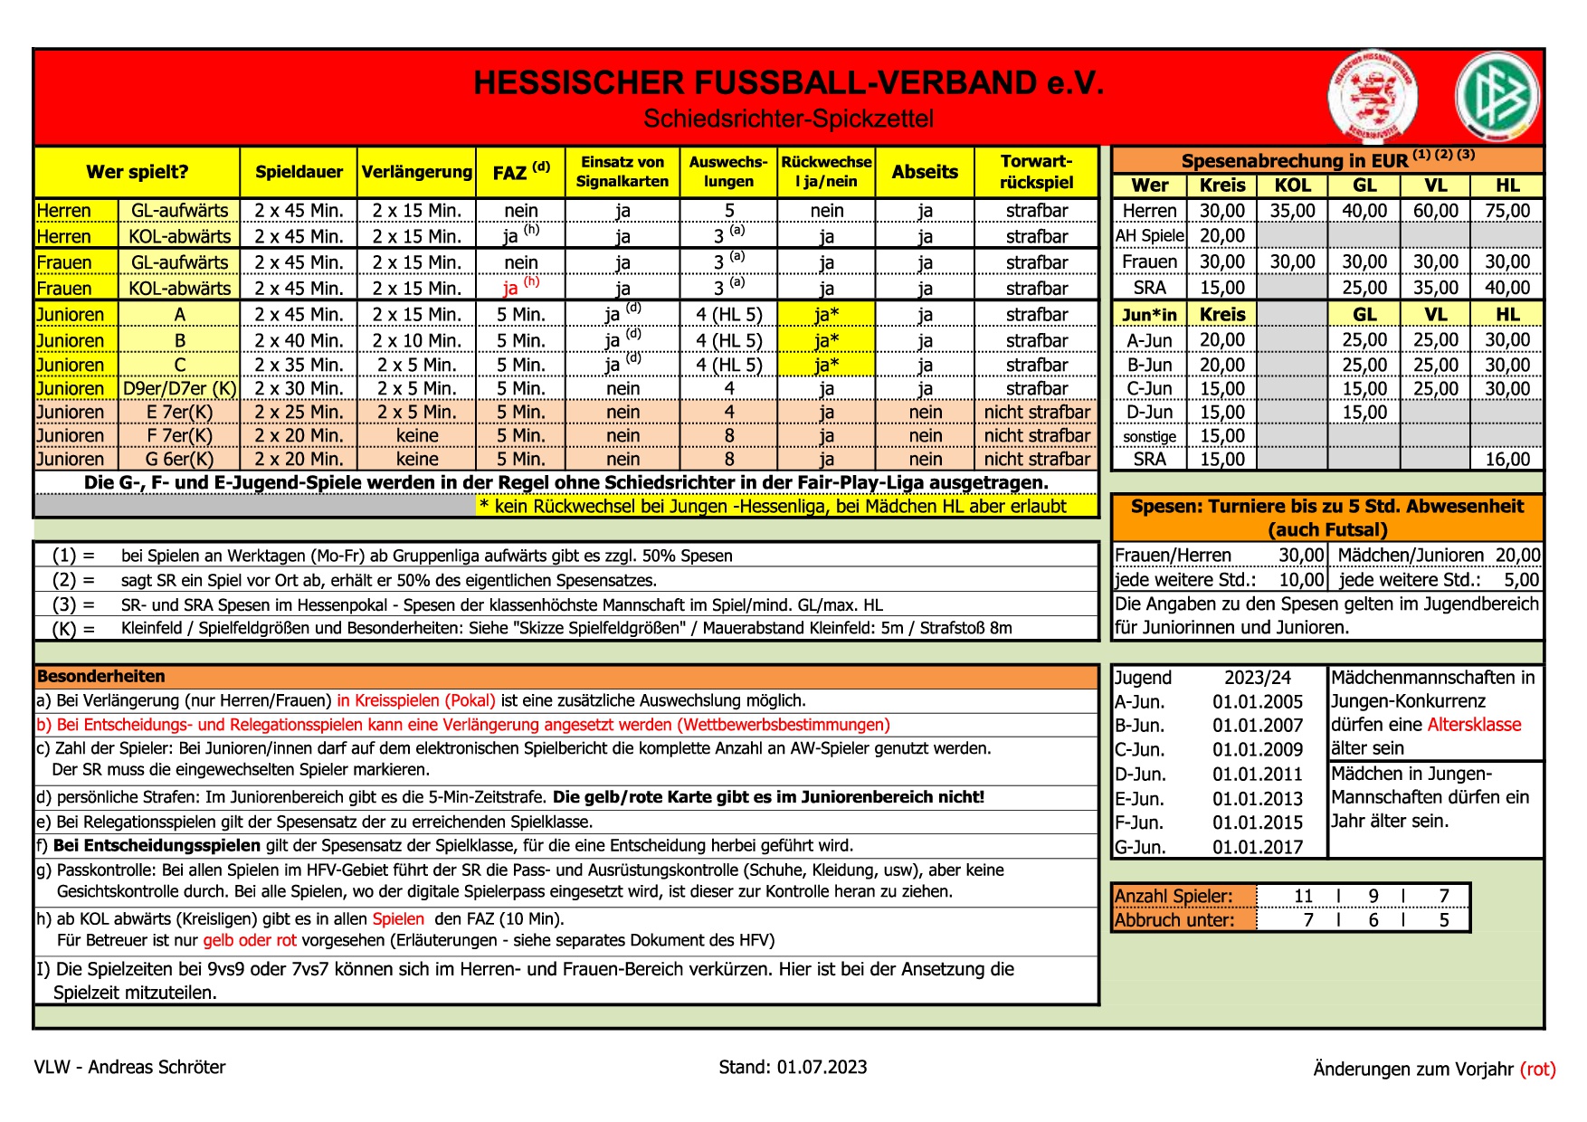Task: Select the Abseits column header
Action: [924, 172]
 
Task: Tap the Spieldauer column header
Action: [299, 172]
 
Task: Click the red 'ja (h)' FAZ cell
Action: [520, 288]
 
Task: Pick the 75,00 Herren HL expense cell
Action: [1506, 211]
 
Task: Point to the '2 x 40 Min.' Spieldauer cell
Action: [299, 341]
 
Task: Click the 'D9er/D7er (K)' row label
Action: [179, 389]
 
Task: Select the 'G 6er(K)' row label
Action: [179, 459]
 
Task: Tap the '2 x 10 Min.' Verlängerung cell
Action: [416, 341]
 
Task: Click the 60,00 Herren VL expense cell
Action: [1435, 211]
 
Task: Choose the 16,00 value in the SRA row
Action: [1506, 459]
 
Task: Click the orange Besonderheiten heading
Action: [101, 676]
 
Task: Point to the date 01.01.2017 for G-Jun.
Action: [1257, 847]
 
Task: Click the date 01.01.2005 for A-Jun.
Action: [1257, 702]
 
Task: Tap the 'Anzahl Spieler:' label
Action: [1174, 896]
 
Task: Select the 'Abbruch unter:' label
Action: [1174, 920]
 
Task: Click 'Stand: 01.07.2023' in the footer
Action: [793, 1067]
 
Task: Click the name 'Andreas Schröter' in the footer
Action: [157, 1067]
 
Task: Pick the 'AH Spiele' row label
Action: [1149, 236]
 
